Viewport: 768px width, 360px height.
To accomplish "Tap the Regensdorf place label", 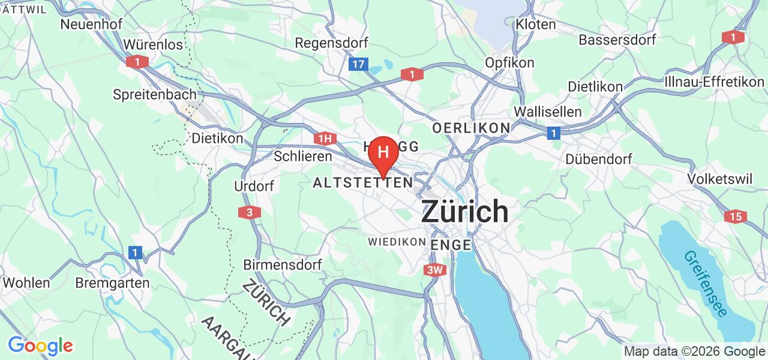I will [332, 43].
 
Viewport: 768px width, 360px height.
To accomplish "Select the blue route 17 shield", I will [358, 64].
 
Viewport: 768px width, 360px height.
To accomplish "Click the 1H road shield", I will [324, 139].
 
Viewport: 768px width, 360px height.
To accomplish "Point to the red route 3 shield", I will [250, 212].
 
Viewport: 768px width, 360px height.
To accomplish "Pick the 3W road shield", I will [435, 270].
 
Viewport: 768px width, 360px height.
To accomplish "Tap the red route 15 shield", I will [736, 217].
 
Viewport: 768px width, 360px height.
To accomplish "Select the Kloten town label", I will [536, 25].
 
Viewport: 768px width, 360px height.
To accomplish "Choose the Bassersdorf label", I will [617, 40].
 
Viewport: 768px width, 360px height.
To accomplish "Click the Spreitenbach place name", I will [155, 94].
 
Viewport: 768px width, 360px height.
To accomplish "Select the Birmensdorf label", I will [283, 264].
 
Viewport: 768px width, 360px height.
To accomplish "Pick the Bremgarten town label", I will [113, 282].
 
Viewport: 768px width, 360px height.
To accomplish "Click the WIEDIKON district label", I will [397, 241].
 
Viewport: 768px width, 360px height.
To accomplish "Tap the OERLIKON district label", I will [471, 128].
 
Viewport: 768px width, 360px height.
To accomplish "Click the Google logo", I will [40, 346].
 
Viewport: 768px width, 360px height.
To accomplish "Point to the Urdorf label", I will [254, 186].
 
